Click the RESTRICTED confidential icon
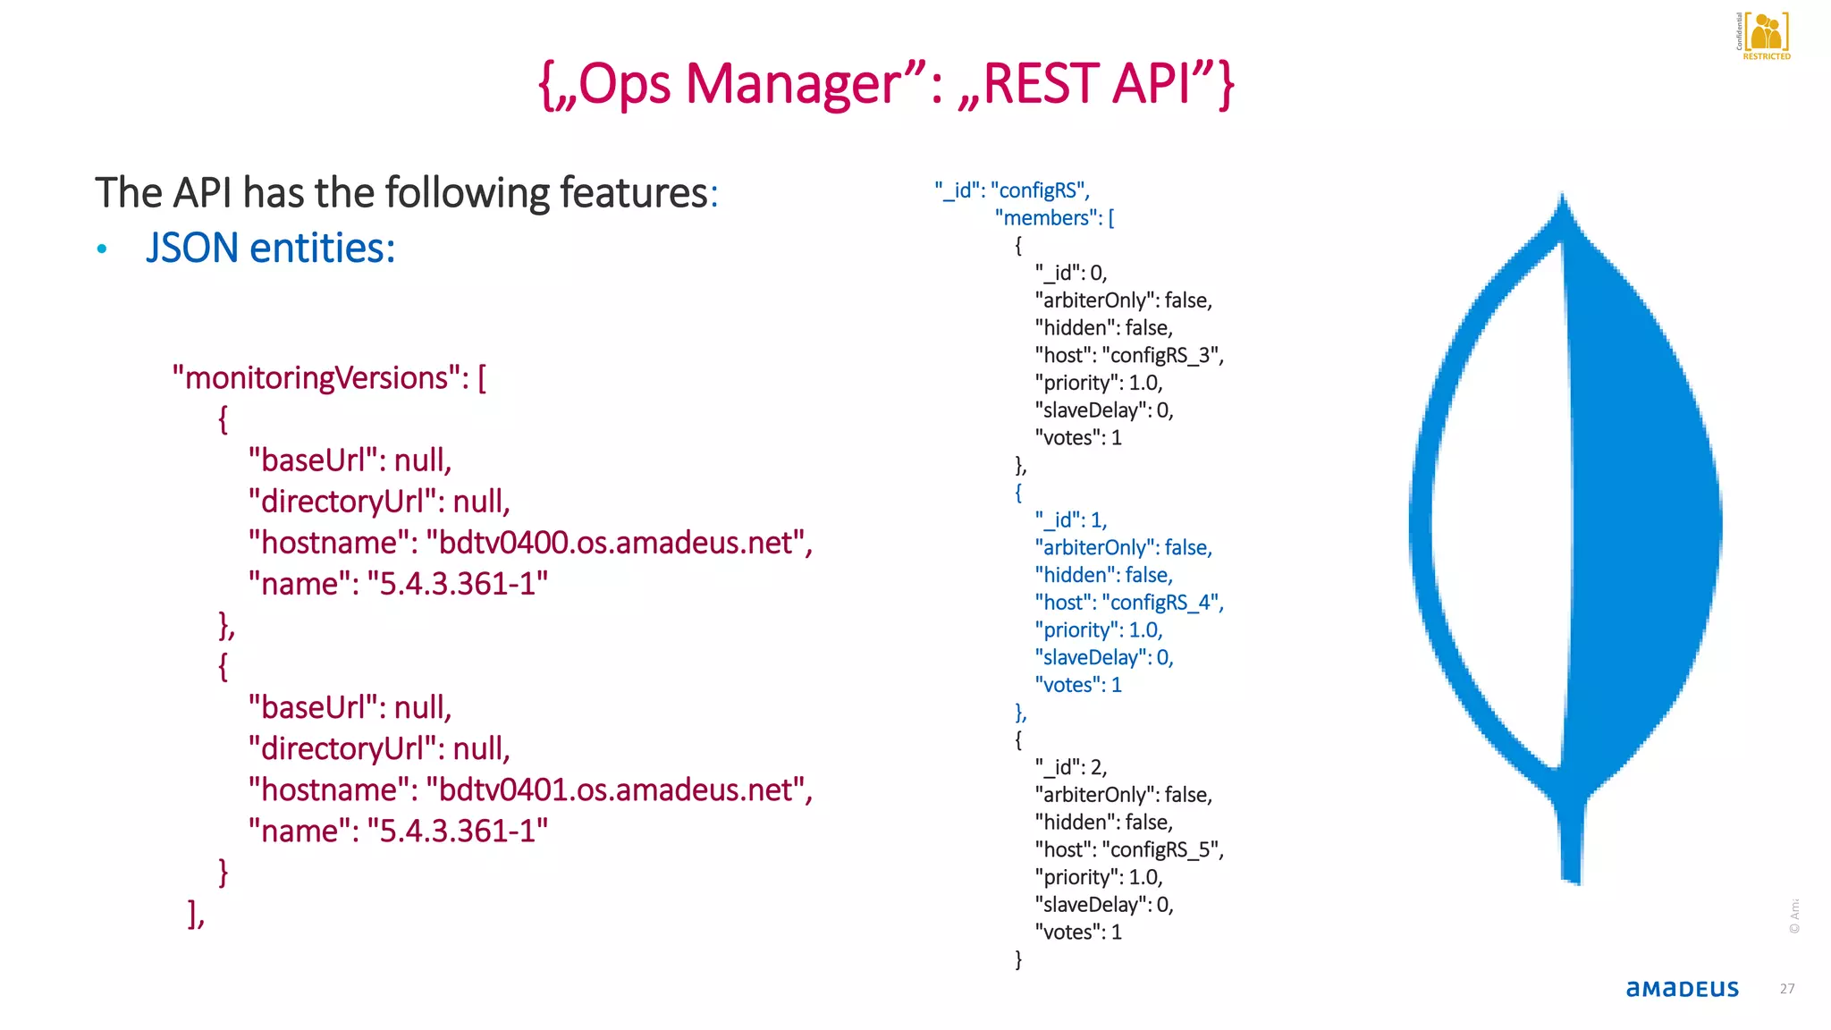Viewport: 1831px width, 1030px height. (x=1766, y=36)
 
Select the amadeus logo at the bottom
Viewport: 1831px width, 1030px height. (x=1682, y=988)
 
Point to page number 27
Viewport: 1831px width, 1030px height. (x=1786, y=989)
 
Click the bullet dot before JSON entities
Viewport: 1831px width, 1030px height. (x=102, y=249)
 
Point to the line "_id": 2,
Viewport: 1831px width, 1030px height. (x=1070, y=767)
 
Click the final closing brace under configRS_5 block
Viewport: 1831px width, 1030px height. (x=1018, y=959)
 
